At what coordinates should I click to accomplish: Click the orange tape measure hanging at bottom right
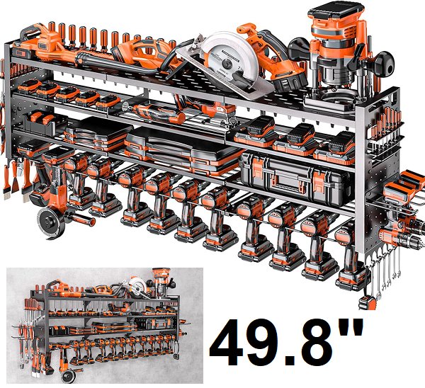(368, 302)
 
